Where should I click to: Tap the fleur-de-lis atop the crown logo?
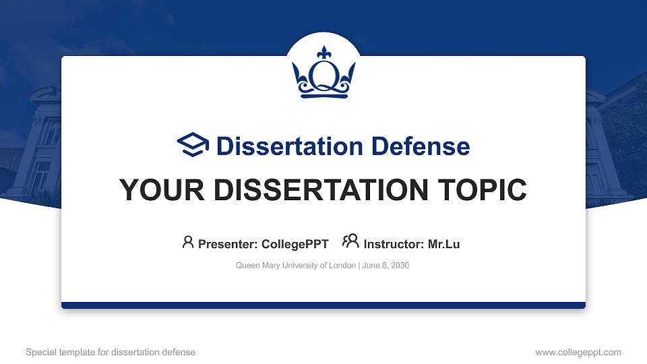(x=323, y=53)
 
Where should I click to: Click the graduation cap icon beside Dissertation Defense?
(x=193, y=146)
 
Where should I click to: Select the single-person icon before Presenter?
(x=188, y=241)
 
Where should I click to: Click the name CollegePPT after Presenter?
(x=295, y=244)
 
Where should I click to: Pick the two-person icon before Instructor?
(x=350, y=241)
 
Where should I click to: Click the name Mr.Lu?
(x=443, y=244)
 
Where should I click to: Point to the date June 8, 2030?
(x=386, y=266)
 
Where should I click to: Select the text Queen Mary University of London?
(x=295, y=266)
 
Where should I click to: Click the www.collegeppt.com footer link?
(x=578, y=352)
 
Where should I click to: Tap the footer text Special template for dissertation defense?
(x=111, y=352)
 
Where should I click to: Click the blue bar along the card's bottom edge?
(x=323, y=305)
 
